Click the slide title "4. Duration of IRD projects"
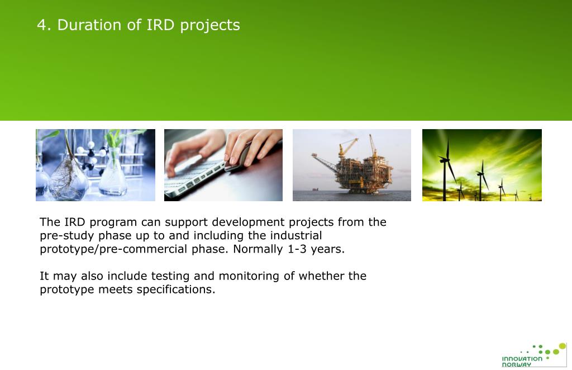(139, 25)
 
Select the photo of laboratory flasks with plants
(96, 165)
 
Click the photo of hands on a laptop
(223, 165)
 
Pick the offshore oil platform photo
(352, 165)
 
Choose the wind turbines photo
(482, 165)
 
